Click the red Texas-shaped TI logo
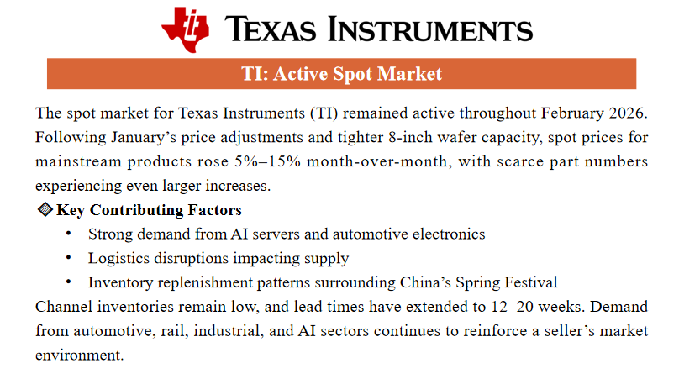point(186,29)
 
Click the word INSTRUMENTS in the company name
point(430,29)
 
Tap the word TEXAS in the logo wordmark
point(271,29)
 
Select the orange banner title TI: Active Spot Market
point(342,74)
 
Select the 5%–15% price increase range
point(267,161)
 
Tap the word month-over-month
point(376,161)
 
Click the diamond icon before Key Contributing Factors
point(45,209)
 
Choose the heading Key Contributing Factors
point(149,210)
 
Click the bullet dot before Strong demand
point(68,234)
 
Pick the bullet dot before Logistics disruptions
point(68,257)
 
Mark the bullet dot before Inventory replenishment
point(68,282)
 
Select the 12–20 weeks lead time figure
point(536,307)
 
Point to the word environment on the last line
point(79,356)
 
